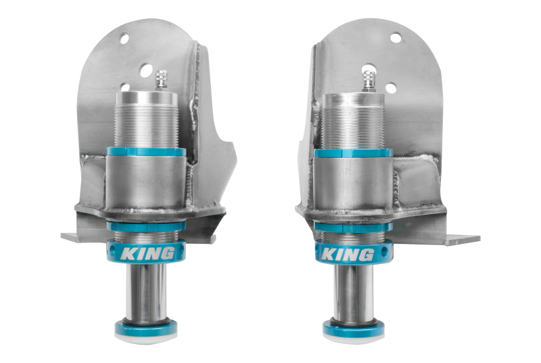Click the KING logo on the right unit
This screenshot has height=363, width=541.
pos(347,255)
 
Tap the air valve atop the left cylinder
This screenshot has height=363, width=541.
pos(161,80)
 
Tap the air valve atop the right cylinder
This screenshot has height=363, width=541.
pos(370,80)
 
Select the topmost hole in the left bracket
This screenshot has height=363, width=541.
pos(124,39)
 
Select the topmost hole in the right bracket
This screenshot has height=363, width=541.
pos(396,38)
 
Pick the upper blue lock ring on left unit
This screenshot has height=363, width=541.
pos(145,152)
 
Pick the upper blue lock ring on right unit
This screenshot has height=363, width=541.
pos(352,153)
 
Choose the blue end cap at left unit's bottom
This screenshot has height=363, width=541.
pos(146,329)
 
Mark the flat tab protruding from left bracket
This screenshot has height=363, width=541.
pos(72,237)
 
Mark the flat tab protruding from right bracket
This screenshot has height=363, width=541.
pos(463,239)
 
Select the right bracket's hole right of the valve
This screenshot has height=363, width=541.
pos(390,87)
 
